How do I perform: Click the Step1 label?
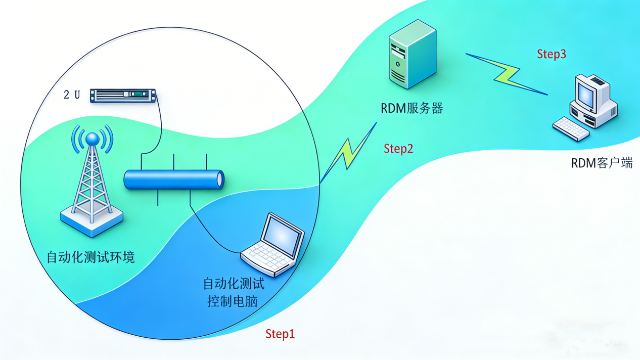[x=280, y=334]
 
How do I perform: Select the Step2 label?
[x=398, y=149]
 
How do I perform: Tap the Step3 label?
[x=551, y=55]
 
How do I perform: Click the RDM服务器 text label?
[x=412, y=108]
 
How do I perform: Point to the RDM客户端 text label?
[x=602, y=163]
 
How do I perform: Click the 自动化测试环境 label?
[x=90, y=257]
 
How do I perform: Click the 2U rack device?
[x=122, y=95]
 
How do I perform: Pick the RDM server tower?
[x=412, y=54]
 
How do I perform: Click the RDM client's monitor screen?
[x=586, y=94]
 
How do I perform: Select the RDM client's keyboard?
[x=571, y=128]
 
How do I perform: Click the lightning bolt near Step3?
[x=506, y=74]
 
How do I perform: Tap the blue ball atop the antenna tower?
[x=92, y=139]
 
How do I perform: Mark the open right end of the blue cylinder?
[x=219, y=179]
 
